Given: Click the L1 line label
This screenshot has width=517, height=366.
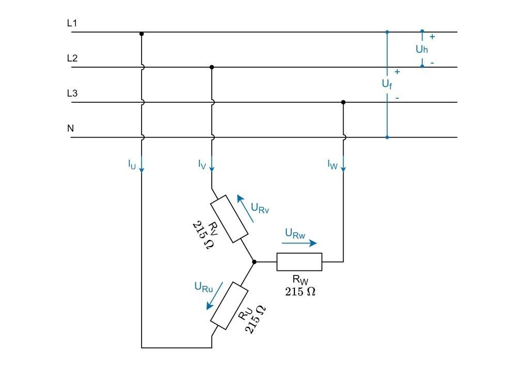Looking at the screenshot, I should tap(72, 23).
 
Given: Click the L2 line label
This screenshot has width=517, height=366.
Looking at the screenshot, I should tap(72, 58).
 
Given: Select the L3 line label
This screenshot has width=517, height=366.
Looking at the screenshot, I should tap(72, 94).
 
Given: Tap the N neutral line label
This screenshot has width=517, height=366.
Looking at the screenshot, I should tap(70, 128).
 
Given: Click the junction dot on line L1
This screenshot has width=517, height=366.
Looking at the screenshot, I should tap(142, 34).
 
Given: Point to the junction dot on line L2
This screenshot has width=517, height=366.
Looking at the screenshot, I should tap(212, 67).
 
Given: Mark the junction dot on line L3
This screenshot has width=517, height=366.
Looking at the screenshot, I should tap(343, 102).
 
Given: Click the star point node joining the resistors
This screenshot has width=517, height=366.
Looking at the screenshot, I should tap(254, 262).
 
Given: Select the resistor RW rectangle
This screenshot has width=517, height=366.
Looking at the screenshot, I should tap(299, 262).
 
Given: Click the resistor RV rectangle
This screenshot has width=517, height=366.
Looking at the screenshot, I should tap(230, 219).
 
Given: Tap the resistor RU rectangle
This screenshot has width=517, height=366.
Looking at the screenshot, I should tap(230, 306).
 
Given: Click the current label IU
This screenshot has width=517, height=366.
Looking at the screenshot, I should tap(132, 165).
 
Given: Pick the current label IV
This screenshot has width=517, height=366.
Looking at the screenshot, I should tap(202, 165).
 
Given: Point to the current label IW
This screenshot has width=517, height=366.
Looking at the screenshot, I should tap(333, 165).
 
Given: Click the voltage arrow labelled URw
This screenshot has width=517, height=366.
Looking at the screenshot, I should tap(301, 243).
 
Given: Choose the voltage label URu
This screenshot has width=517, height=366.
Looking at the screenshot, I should tap(203, 287).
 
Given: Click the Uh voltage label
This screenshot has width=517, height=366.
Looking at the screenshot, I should tap(422, 49).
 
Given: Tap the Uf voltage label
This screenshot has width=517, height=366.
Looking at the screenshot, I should tap(387, 84).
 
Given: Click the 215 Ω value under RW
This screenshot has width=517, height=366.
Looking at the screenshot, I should tap(300, 292).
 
